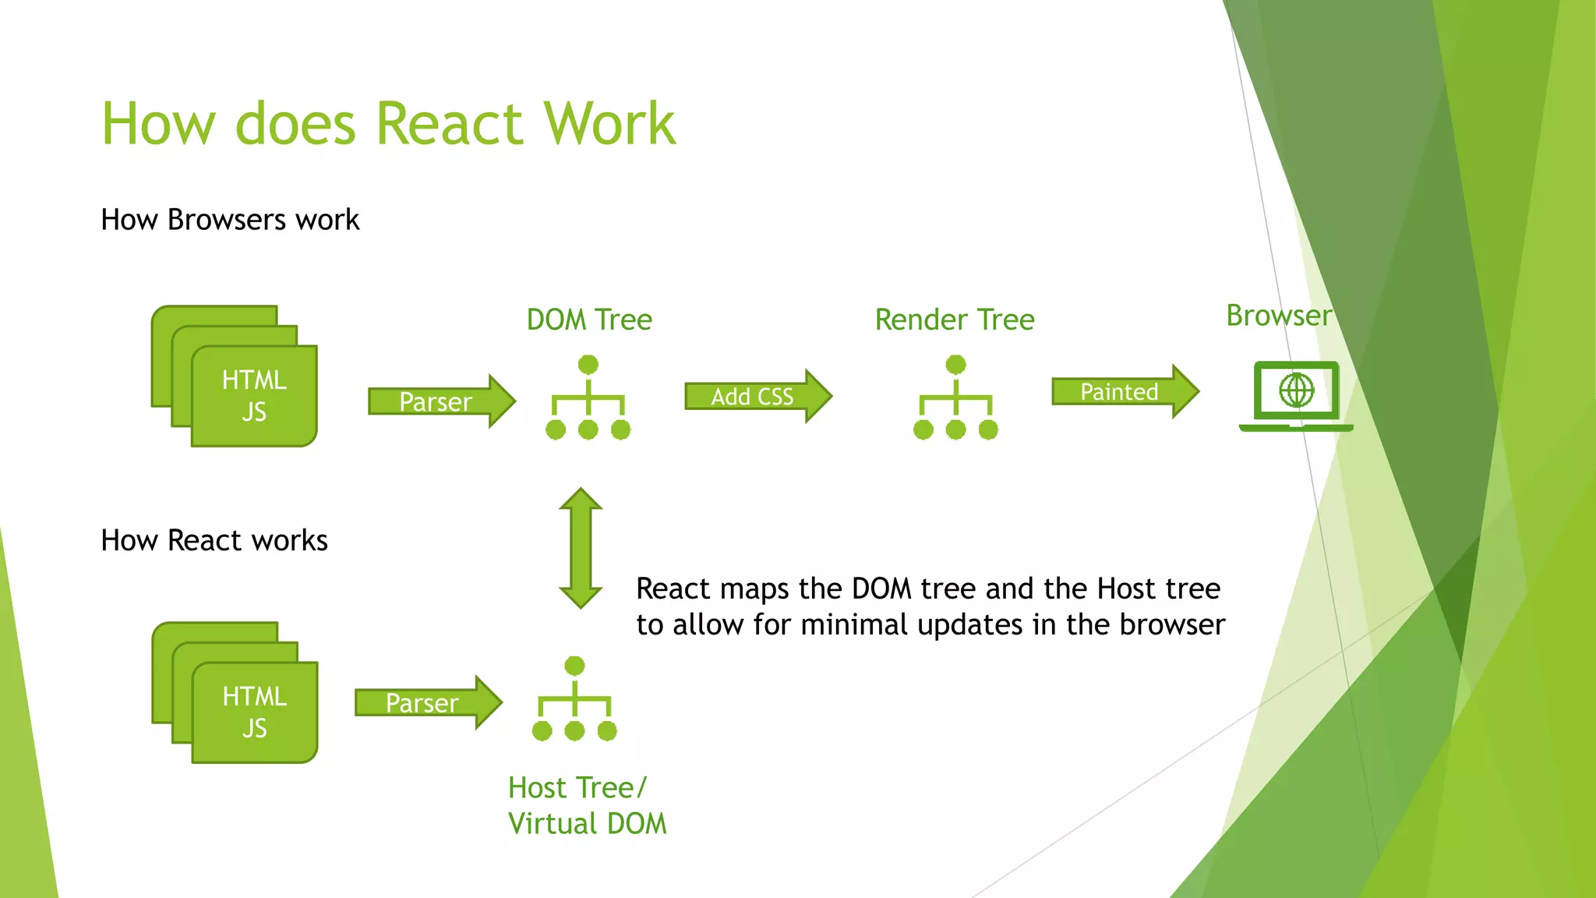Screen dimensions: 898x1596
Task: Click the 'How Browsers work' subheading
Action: point(230,220)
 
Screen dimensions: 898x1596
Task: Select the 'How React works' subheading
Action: point(214,540)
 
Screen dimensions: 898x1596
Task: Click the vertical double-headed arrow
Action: point(581,548)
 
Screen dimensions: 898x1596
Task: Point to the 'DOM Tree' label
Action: point(589,320)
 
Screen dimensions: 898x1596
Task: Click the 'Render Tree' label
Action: point(955,320)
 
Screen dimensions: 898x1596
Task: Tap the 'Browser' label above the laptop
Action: point(1279,316)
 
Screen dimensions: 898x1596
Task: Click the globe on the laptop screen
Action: point(1297,390)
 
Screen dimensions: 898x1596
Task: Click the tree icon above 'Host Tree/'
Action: point(574,698)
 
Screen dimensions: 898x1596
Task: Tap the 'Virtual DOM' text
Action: point(587,824)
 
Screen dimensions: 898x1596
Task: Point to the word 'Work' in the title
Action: point(609,124)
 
